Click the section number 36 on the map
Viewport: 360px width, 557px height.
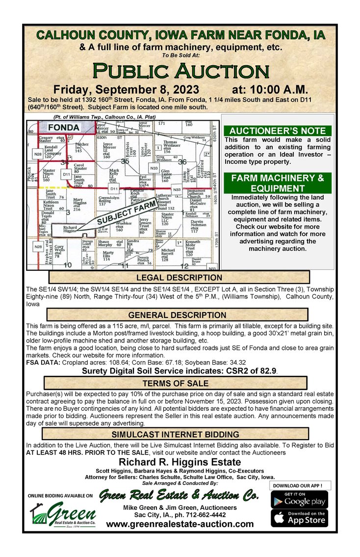pyautogui.click(x=183, y=161)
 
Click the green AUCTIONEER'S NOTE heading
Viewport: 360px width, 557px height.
pyautogui.click(x=278, y=131)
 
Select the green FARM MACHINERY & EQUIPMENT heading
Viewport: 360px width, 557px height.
pyautogui.click(x=278, y=183)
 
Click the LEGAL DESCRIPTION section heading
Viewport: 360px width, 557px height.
pyautogui.click(x=177, y=278)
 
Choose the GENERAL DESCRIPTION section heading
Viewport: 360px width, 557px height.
pyautogui.click(x=177, y=315)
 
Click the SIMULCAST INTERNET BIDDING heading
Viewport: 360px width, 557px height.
pyautogui.click(x=176, y=434)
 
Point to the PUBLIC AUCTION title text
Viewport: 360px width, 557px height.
pyautogui.click(x=180, y=70)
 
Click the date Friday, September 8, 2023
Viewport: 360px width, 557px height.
pyautogui.click(x=126, y=90)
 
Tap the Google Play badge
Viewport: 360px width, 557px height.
pyautogui.click(x=299, y=500)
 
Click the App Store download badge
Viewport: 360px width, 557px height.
pyautogui.click(x=299, y=518)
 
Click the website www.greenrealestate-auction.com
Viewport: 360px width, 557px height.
pyautogui.click(x=180, y=524)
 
